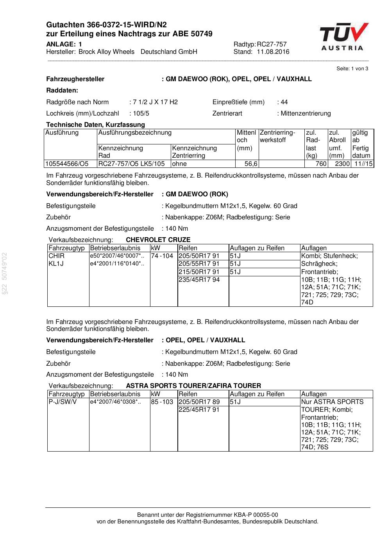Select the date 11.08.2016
273,52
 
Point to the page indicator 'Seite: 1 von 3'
352,69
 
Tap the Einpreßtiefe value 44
284,102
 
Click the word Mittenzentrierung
306,114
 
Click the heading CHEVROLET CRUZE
158,240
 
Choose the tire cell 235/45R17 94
199,279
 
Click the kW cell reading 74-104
162,256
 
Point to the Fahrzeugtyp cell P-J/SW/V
63,402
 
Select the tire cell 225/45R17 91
199,410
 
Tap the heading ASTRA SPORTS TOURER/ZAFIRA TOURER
193,386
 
